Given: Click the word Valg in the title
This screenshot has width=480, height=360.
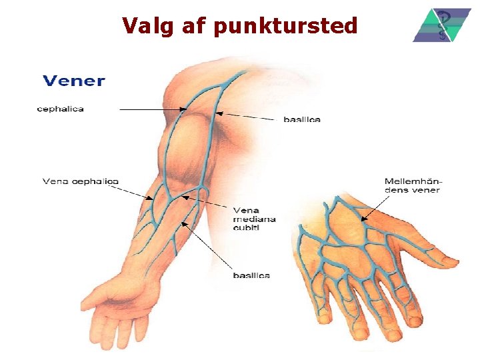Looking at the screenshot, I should (144, 26).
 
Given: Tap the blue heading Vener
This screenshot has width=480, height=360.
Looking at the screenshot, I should (74, 81).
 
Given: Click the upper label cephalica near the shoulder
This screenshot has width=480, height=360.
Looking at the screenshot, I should (60, 109).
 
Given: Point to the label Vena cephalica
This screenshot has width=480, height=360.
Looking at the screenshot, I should (81, 181).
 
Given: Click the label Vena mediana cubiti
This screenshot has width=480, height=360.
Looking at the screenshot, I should (254, 219).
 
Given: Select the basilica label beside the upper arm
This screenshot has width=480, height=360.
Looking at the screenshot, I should (302, 119).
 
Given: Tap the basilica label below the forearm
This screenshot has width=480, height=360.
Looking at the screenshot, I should (251, 275).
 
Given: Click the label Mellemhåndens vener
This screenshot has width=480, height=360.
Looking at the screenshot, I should (413, 185).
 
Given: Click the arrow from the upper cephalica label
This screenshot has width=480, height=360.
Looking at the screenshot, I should (153, 109).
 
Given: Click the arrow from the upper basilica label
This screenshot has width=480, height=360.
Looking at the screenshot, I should (247, 116).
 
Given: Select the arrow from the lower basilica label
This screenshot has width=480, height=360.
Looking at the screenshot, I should (207, 247).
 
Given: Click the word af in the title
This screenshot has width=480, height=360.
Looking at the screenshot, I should (194, 26).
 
